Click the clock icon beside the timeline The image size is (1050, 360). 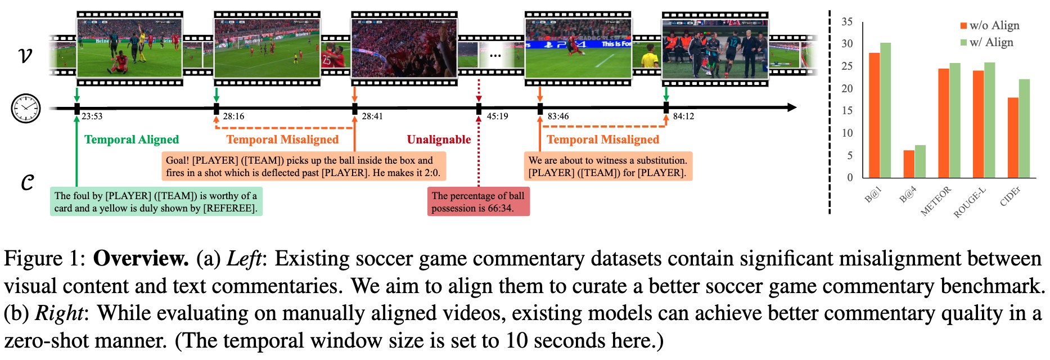[26, 109]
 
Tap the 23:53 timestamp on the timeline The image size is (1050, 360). [92, 116]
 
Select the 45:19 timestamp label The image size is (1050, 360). [497, 116]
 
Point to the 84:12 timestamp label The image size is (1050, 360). [683, 116]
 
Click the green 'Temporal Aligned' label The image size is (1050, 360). [132, 139]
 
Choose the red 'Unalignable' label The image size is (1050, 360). [439, 139]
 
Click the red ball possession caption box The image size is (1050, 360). [478, 202]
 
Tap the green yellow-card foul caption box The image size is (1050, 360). [156, 202]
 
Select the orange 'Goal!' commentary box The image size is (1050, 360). [303, 166]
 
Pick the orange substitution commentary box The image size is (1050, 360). [607, 166]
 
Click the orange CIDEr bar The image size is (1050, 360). [1012, 138]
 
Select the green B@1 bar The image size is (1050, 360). [885, 110]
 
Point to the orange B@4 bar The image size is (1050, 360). [909, 164]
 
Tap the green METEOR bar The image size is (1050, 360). [954, 120]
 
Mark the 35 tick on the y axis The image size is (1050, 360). [846, 22]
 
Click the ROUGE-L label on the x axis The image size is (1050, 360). [970, 202]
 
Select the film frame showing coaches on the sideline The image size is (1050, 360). [714, 49]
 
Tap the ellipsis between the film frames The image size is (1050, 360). [495, 55]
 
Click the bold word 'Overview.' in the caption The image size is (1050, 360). [141, 259]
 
